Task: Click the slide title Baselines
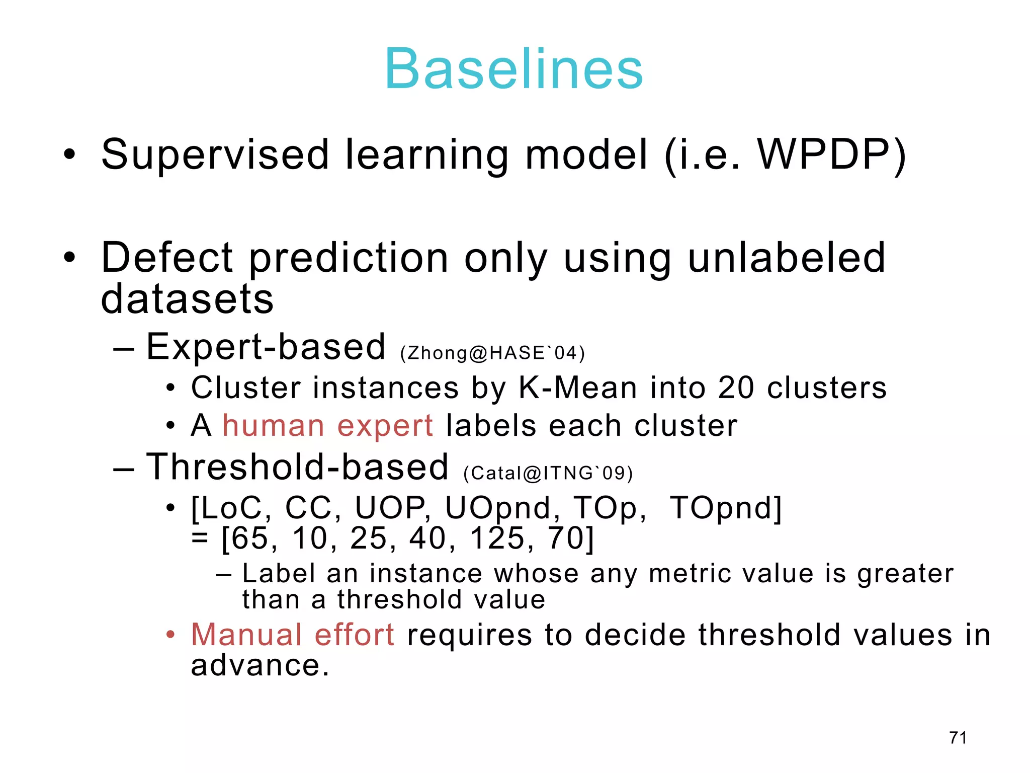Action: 513,69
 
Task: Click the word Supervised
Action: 215,154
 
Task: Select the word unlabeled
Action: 786,257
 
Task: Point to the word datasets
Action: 187,299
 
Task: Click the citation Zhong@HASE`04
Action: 492,353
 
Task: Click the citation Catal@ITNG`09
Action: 548,474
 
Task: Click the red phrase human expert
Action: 327,426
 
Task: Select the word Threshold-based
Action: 297,467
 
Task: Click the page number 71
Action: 958,737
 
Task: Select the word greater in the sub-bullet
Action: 905,574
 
